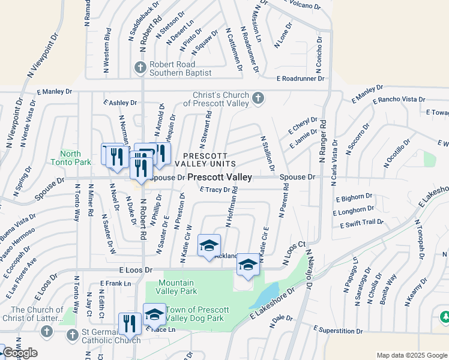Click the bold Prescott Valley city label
tap(219, 178)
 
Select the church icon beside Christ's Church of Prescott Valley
tap(258, 98)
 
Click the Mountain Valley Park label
tap(176, 287)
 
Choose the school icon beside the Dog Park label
tap(154, 313)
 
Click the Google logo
tap(19, 353)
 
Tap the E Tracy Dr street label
tap(215, 190)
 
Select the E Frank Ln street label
tap(115, 283)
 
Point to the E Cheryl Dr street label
tap(304, 125)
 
